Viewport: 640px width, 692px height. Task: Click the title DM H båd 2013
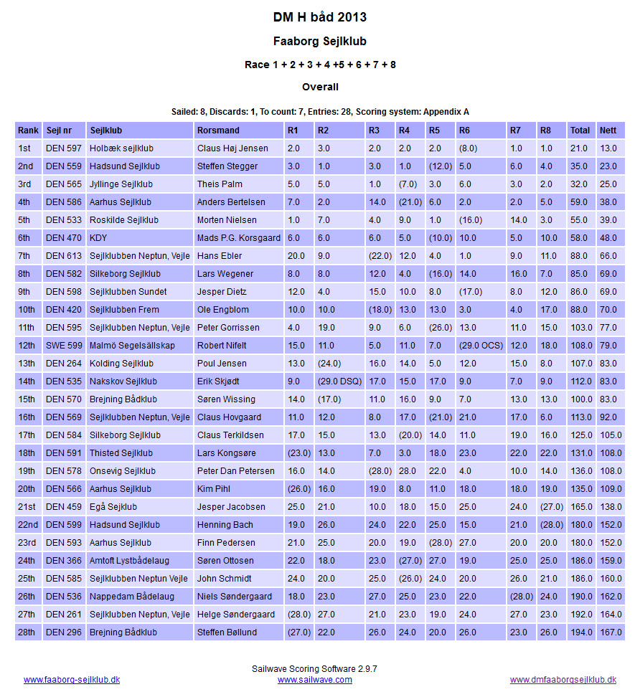click(x=320, y=17)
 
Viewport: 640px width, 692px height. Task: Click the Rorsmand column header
click(x=218, y=131)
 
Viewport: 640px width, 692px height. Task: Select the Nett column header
click(x=608, y=131)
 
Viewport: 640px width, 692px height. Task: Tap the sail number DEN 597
click(x=63, y=148)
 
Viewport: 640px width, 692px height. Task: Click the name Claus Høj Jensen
click(x=232, y=148)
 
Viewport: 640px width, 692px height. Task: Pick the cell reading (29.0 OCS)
click(x=481, y=346)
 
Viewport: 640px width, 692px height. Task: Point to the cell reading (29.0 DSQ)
click(x=340, y=381)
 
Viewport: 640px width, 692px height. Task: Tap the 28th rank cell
click(x=27, y=632)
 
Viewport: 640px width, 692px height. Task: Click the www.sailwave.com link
click(x=315, y=680)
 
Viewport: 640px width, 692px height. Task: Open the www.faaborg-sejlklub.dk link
click(x=72, y=680)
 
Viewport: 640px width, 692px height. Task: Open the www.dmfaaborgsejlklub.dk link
click(x=563, y=680)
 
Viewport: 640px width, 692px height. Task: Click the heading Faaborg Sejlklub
click(x=320, y=42)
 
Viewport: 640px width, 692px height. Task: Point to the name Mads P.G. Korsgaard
click(x=238, y=238)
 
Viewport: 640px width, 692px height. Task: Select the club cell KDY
click(x=98, y=238)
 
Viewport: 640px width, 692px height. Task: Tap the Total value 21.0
click(x=579, y=148)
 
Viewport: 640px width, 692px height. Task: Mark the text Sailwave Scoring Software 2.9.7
click(x=315, y=668)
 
